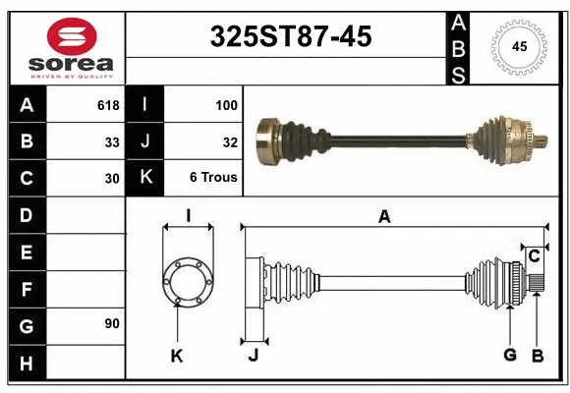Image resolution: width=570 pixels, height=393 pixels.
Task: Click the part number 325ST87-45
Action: click(x=292, y=37)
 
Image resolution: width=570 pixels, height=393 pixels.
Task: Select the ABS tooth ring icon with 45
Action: click(x=518, y=46)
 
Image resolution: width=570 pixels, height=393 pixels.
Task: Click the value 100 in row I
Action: click(x=227, y=104)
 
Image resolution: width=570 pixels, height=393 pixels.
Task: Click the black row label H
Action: click(x=26, y=363)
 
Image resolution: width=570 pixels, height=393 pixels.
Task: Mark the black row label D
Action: click(x=26, y=214)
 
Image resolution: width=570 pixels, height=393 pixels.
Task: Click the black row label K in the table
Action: click(x=145, y=178)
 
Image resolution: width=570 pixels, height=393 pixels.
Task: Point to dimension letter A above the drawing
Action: click(x=384, y=217)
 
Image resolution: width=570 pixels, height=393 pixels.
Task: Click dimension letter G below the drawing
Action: click(x=509, y=355)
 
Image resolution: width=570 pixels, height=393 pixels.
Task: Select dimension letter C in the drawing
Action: click(x=534, y=257)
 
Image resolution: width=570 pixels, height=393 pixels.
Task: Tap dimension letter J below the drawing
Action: click(x=253, y=355)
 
